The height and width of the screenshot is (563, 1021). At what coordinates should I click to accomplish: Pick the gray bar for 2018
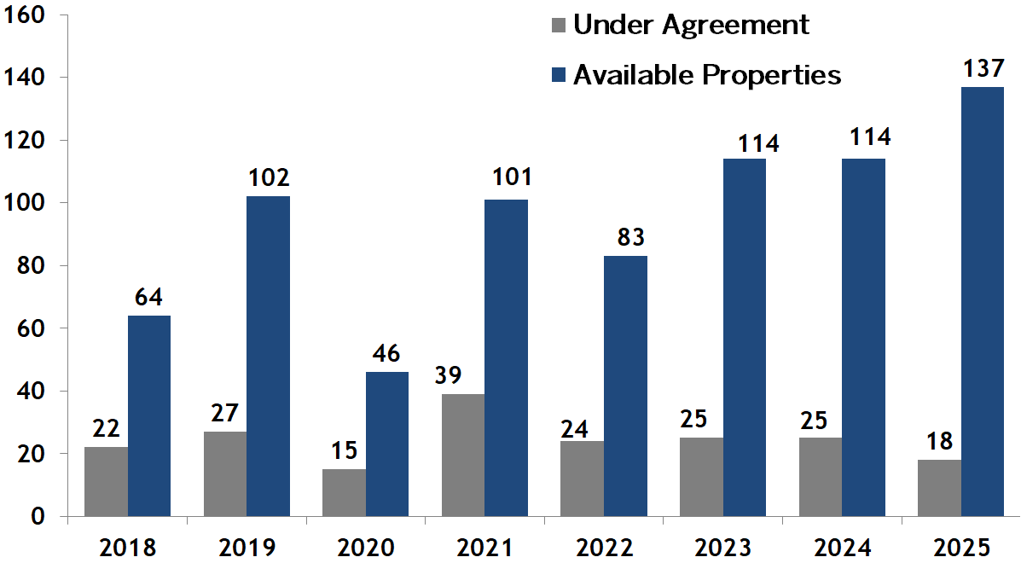coord(107,481)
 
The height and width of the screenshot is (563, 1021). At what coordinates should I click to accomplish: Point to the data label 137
coord(982,68)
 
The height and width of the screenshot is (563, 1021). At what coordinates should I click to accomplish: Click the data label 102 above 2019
coord(269,177)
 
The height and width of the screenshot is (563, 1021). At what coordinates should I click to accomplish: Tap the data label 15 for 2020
coord(345,450)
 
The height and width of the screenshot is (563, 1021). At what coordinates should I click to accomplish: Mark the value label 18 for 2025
coord(939,440)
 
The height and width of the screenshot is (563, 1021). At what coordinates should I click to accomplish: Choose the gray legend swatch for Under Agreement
coord(559,25)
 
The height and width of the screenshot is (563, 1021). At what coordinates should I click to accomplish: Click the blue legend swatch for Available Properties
coord(559,75)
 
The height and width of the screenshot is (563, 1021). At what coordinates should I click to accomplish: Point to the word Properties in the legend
coord(771,75)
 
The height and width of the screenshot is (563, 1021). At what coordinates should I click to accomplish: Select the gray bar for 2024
coord(821,477)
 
